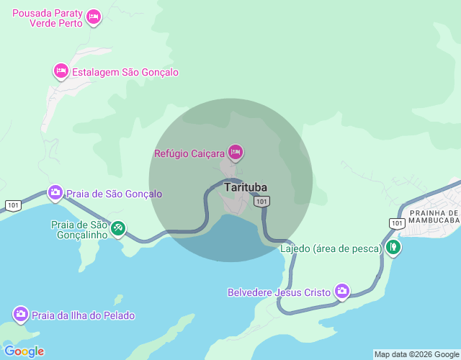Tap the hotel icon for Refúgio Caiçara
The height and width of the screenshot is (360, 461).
tap(235, 152)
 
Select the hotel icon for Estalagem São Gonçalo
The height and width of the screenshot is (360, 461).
tap(61, 71)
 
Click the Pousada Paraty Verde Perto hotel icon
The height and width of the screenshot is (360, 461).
tap(93, 17)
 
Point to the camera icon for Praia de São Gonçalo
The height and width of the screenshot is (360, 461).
tap(55, 193)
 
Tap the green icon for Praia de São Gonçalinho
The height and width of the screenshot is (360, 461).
tap(118, 228)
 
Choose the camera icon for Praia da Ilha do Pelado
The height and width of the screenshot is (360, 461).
tap(21, 315)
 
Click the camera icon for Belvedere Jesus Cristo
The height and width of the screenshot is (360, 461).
tap(341, 292)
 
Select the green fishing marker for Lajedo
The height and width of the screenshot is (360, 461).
tap(393, 248)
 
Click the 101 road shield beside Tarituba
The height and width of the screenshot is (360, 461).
tap(261, 202)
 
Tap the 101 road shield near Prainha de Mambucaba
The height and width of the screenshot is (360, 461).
tap(396, 223)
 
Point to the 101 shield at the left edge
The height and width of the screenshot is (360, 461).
tap(12, 205)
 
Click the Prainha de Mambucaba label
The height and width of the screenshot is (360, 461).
tap(434, 217)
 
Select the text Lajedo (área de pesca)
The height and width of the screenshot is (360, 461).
tap(331, 248)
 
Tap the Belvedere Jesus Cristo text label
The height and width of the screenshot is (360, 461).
tap(279, 292)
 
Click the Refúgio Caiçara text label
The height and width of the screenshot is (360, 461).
tap(189, 153)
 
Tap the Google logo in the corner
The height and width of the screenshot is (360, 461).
tap(24, 351)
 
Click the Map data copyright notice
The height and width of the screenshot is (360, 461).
tap(416, 354)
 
